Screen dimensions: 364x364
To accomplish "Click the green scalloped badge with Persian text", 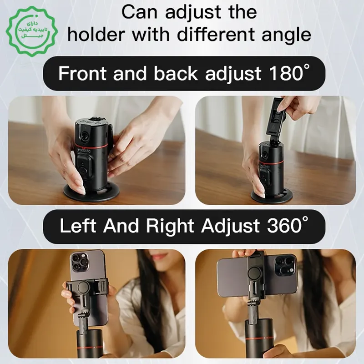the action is click(31, 31).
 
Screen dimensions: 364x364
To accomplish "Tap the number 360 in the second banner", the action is click(284, 226).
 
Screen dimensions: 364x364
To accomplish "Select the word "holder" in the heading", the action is click(97, 34).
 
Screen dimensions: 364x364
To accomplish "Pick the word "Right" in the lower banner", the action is click(170, 227).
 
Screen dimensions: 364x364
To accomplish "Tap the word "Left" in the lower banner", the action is click(78, 226).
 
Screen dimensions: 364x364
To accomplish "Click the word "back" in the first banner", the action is click(176, 73).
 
